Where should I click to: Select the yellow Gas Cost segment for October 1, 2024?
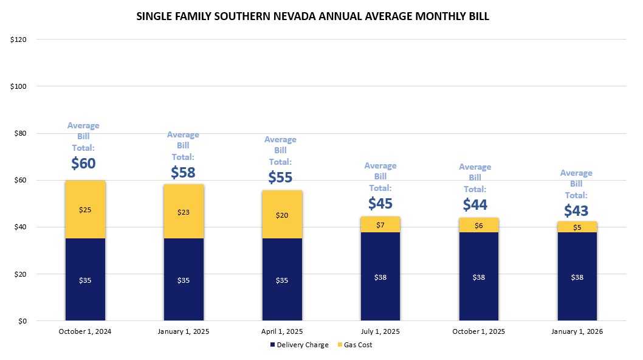85,210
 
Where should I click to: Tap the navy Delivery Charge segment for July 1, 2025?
380,277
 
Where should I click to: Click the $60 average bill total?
84,164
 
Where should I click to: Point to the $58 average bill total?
183,173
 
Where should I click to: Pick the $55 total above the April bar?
280,178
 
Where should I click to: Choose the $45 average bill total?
380,204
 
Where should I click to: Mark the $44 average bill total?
475,205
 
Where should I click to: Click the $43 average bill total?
576,210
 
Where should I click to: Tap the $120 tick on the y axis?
19,40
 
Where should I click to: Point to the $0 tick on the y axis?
22,321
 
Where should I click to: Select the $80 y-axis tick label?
21,133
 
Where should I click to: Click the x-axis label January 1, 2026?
577,331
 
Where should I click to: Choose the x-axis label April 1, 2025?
281,331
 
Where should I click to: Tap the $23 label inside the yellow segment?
184,212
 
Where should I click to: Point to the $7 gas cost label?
380,225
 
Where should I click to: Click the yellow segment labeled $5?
577,227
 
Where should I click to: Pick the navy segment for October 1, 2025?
479,277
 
